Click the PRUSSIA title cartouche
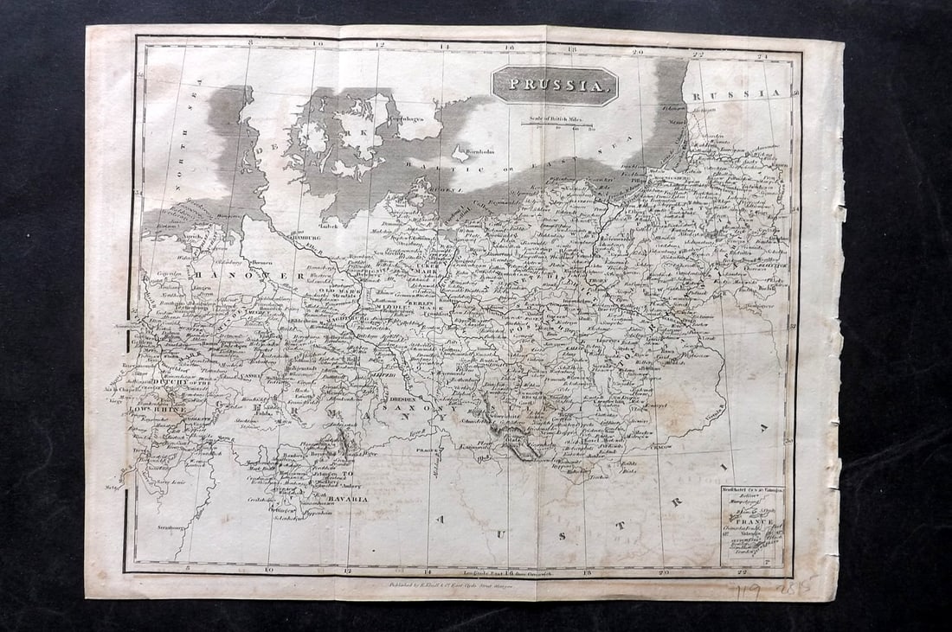pos(555,86)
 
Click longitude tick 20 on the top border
pos(638,51)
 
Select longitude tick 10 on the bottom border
pos(268,569)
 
